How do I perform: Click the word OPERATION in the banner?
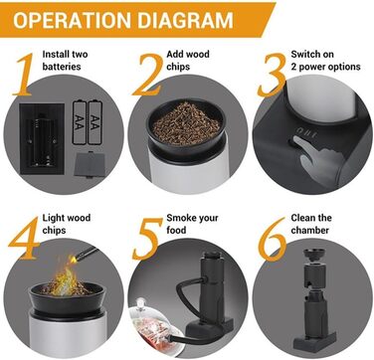73,20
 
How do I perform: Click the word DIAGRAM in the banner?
185,20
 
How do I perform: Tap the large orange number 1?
23,75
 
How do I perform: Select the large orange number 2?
148,75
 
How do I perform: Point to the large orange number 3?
272,75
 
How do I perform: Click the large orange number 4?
24,239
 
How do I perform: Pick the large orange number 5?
146,239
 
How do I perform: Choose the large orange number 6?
273,239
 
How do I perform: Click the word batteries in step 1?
62,67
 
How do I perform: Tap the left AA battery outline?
80,122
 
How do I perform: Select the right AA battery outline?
95,122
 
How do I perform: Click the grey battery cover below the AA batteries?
88,165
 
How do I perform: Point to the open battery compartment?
42,139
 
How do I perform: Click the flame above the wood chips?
68,275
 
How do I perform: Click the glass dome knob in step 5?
141,303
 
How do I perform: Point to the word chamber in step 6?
310,230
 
